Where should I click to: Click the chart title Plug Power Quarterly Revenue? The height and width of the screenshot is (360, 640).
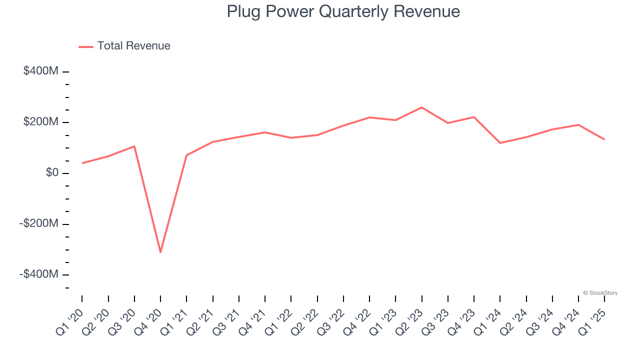coord(343,11)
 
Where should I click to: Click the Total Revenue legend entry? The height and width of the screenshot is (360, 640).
coord(133,46)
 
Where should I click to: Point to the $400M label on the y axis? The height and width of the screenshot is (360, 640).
coord(41,71)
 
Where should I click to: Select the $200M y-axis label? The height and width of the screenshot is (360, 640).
coord(41,122)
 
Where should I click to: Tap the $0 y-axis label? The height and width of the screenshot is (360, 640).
coord(52,173)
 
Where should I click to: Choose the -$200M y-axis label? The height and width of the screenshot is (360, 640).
coord(39,223)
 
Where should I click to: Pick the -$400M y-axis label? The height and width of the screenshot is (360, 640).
coord(39,274)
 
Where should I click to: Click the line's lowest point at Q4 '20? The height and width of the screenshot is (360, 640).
coord(160,252)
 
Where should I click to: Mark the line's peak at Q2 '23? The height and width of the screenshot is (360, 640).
coord(421,107)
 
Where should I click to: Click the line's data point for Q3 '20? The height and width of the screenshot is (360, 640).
coord(134,146)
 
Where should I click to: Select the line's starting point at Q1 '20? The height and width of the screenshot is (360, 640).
coord(82,163)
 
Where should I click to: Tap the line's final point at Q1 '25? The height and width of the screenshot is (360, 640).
coord(604,139)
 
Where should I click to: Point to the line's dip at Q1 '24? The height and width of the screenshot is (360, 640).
coord(500,143)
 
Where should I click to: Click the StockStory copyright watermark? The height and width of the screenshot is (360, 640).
coord(600,293)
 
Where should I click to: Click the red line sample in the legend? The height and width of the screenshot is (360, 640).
coord(86,46)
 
